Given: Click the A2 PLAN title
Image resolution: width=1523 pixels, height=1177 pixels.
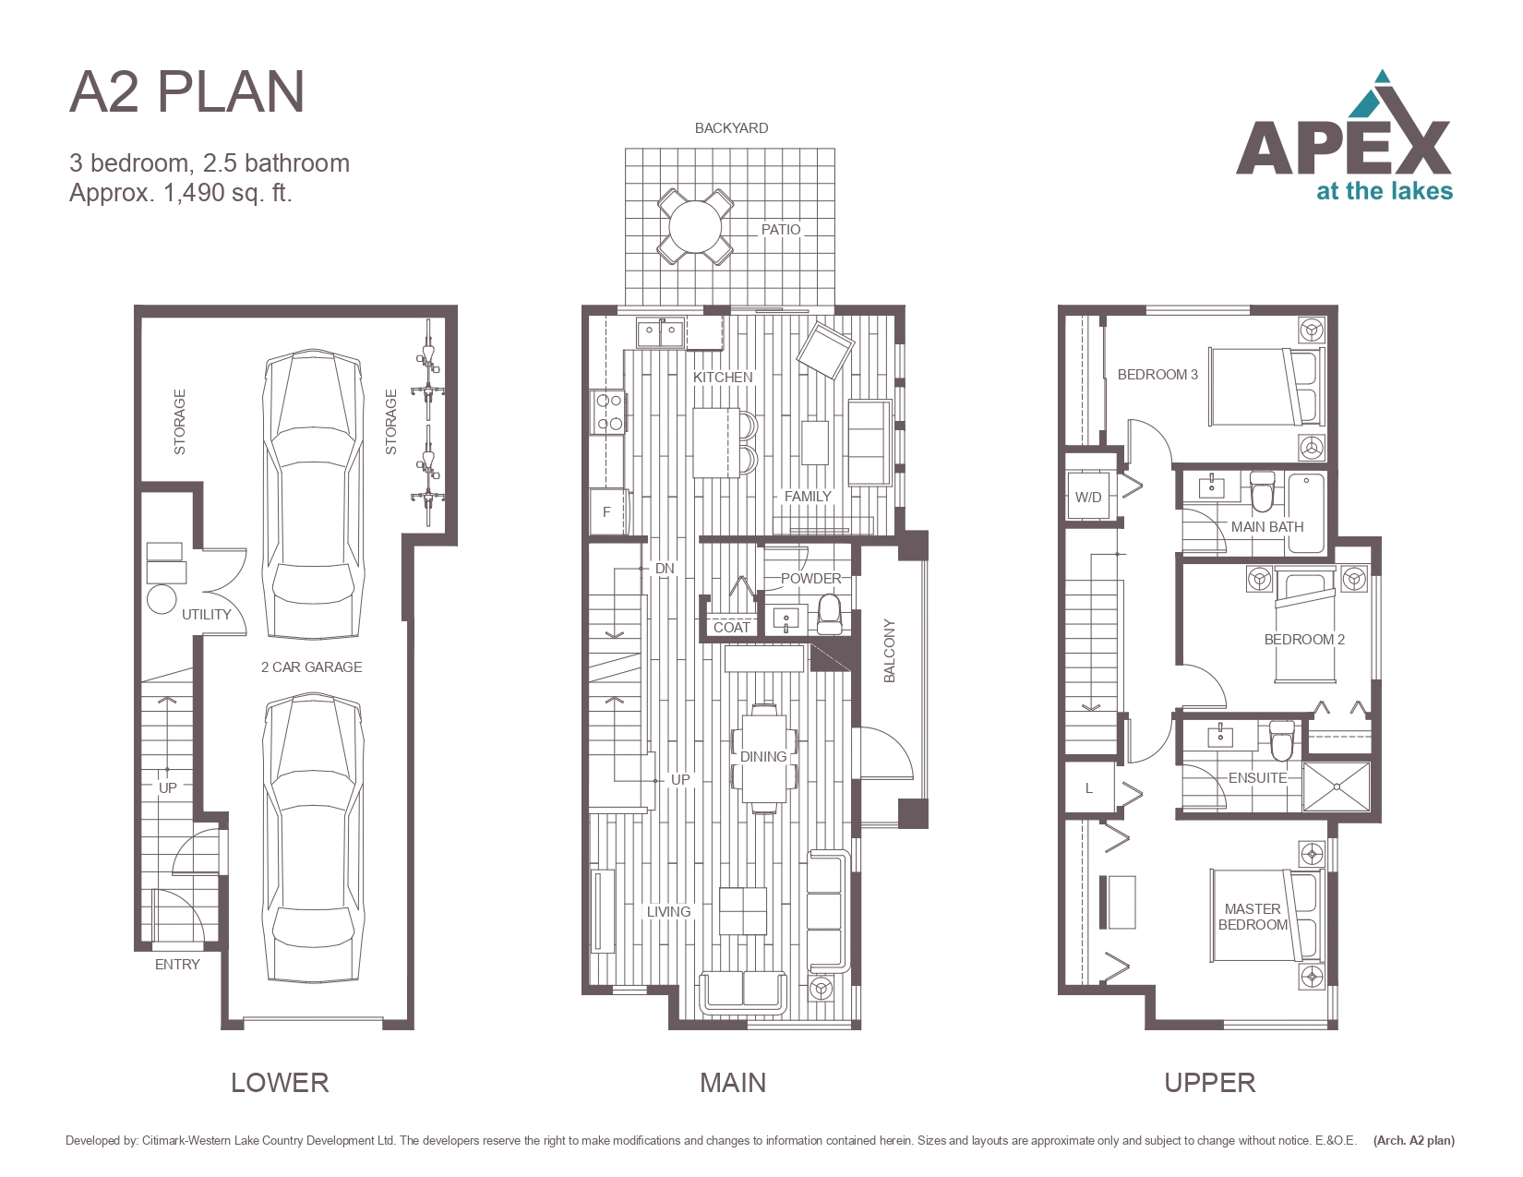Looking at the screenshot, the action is point(186,91).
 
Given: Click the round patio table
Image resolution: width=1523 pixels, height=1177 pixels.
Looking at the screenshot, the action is point(694,226).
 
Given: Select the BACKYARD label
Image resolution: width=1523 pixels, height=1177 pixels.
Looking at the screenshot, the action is point(731,128).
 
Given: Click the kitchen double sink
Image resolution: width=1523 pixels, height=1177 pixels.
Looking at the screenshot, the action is point(660,332).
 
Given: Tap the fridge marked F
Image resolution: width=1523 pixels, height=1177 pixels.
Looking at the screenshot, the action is point(607,511).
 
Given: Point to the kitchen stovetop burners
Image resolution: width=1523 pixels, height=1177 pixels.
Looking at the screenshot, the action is point(607,412).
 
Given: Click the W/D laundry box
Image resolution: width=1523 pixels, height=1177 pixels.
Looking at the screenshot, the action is point(1087,497).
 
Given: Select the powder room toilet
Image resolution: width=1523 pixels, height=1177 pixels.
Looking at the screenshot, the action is point(829,613).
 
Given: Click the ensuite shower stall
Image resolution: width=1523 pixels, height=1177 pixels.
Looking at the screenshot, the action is point(1336,787).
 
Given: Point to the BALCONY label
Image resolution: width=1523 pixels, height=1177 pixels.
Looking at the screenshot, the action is point(890,651).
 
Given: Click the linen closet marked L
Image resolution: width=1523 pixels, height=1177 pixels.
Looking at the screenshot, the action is point(1088,788).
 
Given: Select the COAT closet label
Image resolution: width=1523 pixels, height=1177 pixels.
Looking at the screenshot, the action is point(731,628).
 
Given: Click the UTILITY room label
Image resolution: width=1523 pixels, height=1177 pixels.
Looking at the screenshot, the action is point(206,615).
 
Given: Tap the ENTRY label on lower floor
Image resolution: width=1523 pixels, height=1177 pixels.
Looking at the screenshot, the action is point(177,965).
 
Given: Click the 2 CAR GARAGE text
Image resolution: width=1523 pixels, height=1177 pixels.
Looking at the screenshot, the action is point(311,667).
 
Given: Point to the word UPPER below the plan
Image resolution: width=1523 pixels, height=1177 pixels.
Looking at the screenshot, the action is point(1210,1083).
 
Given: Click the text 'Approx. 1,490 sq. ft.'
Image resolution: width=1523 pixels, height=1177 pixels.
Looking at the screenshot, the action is point(180,192).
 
